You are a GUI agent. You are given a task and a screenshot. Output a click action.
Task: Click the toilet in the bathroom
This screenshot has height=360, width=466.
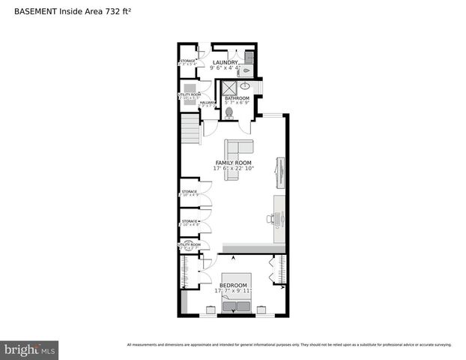229,112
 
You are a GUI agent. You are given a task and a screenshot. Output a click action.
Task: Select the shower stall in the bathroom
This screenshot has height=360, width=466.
229,88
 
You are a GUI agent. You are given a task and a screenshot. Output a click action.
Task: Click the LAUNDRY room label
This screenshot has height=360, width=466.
225,63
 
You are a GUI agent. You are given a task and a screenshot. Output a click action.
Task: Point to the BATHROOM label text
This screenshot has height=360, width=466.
237,97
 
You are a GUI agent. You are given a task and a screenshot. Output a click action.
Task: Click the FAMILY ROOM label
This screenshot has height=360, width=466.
233,163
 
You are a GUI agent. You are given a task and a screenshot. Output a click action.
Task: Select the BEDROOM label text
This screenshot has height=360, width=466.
233,286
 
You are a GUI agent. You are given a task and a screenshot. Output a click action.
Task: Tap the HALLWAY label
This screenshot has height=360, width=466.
208,103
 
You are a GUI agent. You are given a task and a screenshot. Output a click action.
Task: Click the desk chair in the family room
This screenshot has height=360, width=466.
270,219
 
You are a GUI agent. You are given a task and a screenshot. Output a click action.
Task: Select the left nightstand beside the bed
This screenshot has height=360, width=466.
205,308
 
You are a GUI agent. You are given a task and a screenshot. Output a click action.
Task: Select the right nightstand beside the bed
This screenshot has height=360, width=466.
262,308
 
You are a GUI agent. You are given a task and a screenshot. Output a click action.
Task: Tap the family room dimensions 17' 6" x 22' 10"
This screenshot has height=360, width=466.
233,169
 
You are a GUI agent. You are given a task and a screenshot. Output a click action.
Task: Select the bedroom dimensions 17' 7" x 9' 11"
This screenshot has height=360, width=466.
233,291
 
